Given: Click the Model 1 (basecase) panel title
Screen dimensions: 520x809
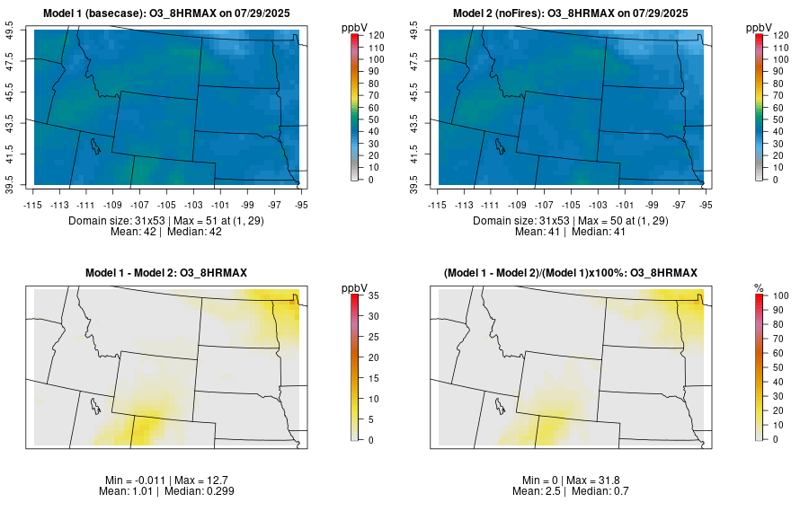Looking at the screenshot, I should point(171,13).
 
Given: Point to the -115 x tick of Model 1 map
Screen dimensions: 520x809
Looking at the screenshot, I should point(34,205).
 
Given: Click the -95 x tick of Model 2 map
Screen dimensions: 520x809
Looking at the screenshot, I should point(707,205).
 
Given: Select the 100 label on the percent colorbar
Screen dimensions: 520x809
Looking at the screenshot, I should point(780,295).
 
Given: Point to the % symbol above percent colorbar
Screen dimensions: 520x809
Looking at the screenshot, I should point(759,288).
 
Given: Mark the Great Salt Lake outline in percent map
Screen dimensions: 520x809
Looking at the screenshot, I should point(498,404).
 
